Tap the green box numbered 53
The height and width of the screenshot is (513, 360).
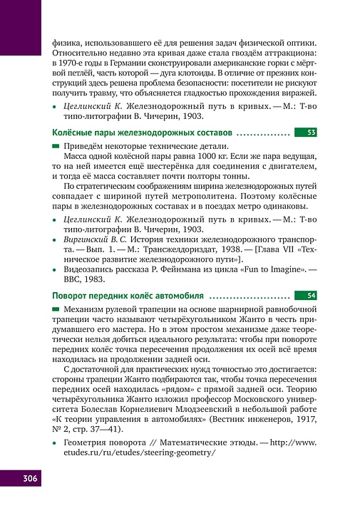coord(310,133)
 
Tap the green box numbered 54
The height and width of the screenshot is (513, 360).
coord(310,295)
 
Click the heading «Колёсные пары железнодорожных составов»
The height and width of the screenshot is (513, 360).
coord(142,133)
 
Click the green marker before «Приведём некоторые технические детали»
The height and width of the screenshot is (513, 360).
coord(57,145)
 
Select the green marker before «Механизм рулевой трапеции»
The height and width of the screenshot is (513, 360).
coord(57,309)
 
